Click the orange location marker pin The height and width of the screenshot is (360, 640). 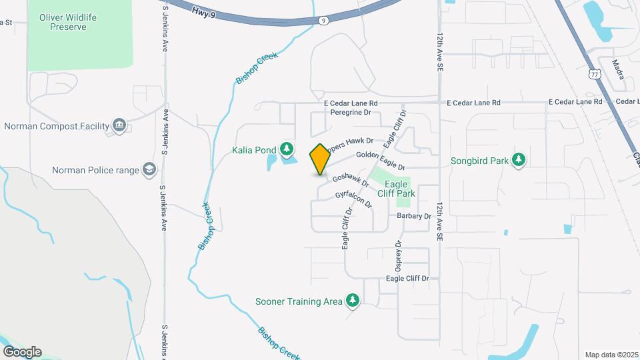pos(320,159)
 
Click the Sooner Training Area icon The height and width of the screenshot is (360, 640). pos(353,301)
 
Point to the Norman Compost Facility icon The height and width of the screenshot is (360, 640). pos(119,126)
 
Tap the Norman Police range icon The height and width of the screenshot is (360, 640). pos(149,170)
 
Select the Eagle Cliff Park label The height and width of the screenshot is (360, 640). pos(400,189)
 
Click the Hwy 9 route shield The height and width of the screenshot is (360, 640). pos(323,21)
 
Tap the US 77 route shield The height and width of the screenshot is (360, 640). pos(595,74)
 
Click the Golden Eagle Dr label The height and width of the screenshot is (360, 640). pos(380,160)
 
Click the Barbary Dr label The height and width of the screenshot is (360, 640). pos(414,216)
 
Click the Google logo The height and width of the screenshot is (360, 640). pos(22,351)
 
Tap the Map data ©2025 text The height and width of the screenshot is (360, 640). pos(611,355)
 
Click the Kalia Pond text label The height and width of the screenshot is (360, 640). pos(254,150)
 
